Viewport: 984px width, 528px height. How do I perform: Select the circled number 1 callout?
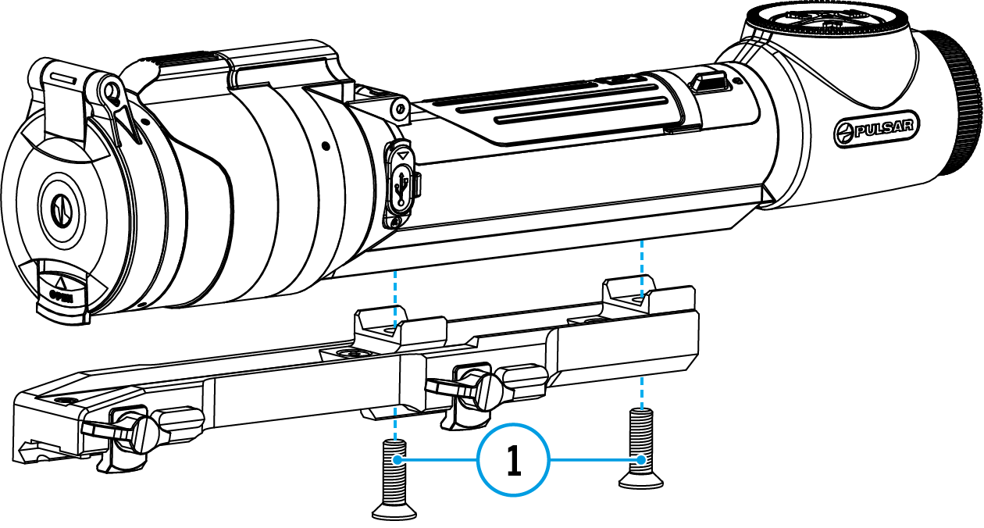click(x=513, y=461)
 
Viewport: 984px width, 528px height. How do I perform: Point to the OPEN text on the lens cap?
click(x=62, y=295)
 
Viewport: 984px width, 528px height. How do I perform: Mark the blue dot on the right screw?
click(x=642, y=460)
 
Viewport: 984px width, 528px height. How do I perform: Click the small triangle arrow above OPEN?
click(x=60, y=280)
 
